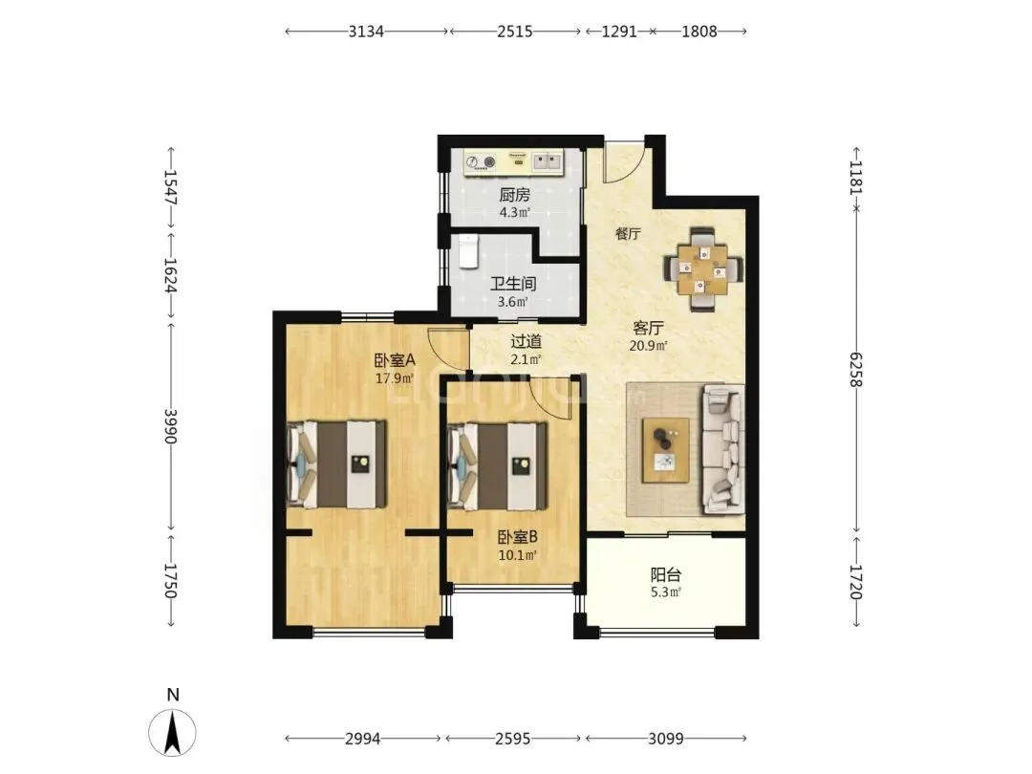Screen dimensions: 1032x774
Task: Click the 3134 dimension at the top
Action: (366, 31)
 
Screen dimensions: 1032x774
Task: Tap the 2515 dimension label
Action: (515, 31)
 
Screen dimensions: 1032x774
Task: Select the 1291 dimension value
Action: (618, 31)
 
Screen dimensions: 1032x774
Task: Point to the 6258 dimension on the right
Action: (855, 369)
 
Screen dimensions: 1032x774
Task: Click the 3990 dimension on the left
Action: (170, 426)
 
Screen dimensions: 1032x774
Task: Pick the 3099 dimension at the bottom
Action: (665, 739)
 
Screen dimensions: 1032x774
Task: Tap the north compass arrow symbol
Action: (172, 733)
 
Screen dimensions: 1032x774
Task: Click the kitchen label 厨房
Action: (515, 195)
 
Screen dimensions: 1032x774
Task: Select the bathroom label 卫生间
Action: (513, 284)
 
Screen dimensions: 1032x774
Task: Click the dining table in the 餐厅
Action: (703, 269)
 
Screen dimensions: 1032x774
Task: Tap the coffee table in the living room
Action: (666, 450)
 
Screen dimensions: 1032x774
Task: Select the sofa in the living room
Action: (724, 449)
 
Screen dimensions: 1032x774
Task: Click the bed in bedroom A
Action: (337, 464)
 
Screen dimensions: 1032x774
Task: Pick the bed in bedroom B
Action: (497, 466)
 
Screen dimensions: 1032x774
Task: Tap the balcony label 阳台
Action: (665, 575)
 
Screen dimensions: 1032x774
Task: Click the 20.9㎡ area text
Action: (649, 346)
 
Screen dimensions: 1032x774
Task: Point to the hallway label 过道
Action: (527, 341)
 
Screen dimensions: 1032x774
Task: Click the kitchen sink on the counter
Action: (548, 161)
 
